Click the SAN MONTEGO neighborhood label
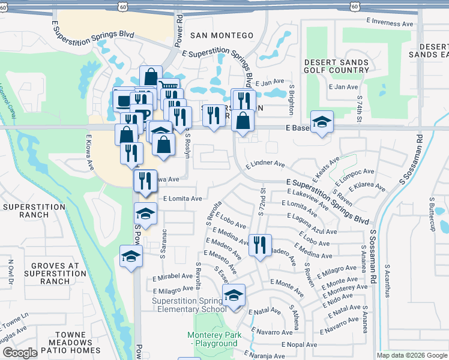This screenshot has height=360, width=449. tap(221, 35)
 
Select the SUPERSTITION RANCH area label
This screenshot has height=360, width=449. tap(34, 211)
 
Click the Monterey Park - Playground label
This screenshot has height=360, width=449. tap(212, 339)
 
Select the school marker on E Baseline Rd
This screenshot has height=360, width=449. tap(322, 122)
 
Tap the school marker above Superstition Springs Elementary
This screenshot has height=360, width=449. tap(234, 296)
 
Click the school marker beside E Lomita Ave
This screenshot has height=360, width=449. tap(145, 214)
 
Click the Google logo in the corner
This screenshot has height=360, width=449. tap(19, 353)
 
